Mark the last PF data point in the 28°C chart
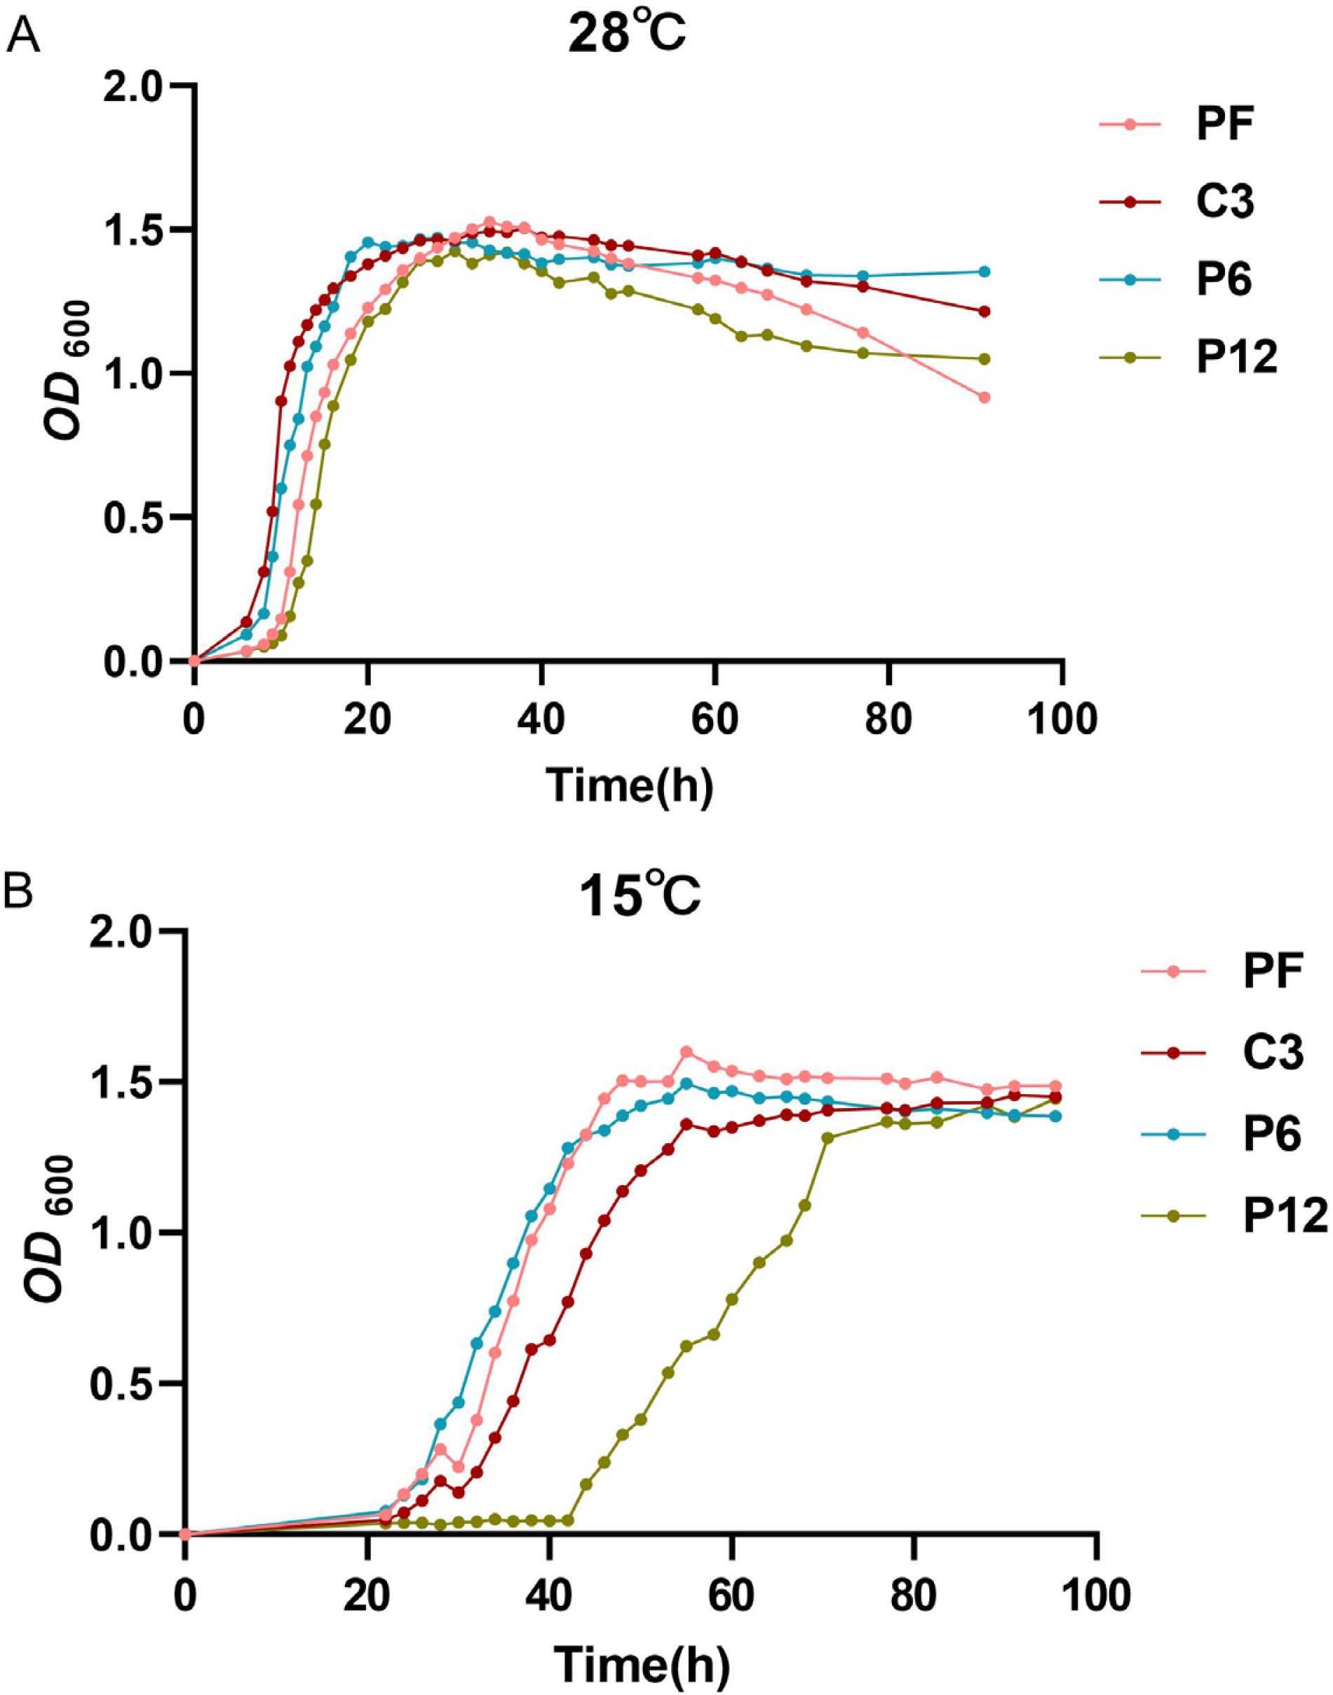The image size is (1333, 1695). click(x=984, y=397)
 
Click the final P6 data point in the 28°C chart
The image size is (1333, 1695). click(x=984, y=271)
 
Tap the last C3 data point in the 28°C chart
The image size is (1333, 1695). click(x=984, y=311)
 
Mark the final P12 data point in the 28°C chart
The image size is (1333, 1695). click(x=984, y=359)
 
